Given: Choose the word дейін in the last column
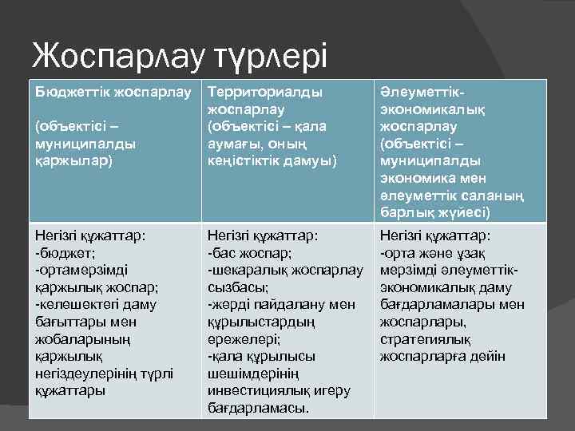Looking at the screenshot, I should [x=488, y=356].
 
